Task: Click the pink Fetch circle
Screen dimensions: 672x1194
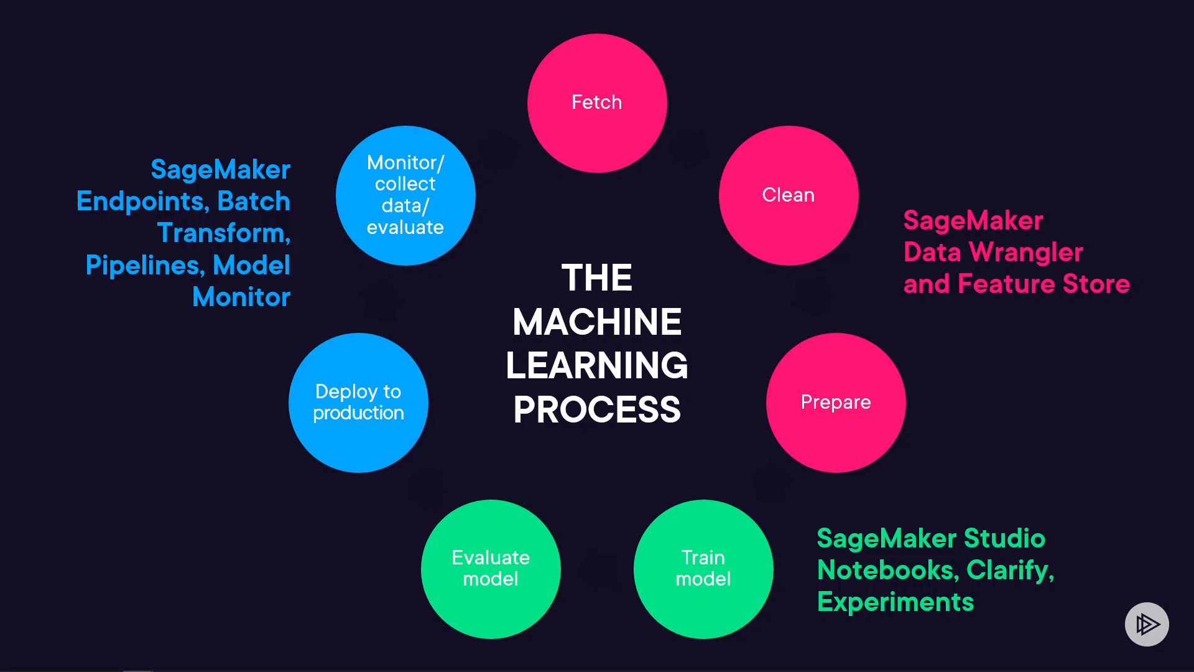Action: pyautogui.click(x=597, y=103)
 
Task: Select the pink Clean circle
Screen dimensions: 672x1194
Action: pyautogui.click(x=789, y=195)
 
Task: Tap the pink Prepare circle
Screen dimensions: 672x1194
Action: pyautogui.click(x=836, y=403)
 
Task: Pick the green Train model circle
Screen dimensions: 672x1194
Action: pyautogui.click(x=703, y=569)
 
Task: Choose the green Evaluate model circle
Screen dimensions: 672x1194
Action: pyautogui.click(x=491, y=569)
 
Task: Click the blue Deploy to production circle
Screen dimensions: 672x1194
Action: pyautogui.click(x=358, y=403)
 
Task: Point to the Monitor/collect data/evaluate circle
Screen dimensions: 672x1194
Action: pyautogui.click(x=405, y=195)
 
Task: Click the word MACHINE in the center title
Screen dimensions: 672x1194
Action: pyautogui.click(x=597, y=322)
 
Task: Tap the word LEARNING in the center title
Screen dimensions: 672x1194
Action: pyautogui.click(x=597, y=365)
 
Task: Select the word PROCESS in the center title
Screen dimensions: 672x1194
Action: pyautogui.click(x=597, y=409)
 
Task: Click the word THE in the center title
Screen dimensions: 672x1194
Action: pyautogui.click(x=597, y=278)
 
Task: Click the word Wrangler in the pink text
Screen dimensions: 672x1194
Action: pyautogui.click(x=1026, y=253)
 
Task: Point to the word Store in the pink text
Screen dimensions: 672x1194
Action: pyautogui.click(x=1096, y=284)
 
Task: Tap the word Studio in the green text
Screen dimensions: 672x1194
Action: pyautogui.click(x=1004, y=539)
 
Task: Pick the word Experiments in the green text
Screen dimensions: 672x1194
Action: pyautogui.click(x=895, y=602)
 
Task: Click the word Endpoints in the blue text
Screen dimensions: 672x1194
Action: pyautogui.click(x=142, y=202)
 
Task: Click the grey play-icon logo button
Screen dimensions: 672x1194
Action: pyautogui.click(x=1147, y=624)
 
